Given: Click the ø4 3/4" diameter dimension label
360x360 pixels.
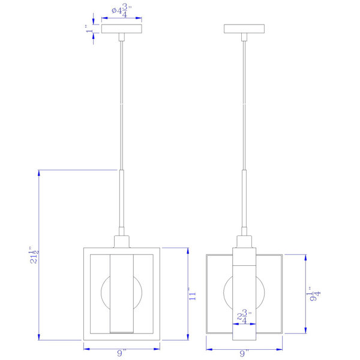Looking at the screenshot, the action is pyautogui.click(x=122, y=11).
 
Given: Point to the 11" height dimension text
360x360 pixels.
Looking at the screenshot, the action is pyautogui.click(x=193, y=294).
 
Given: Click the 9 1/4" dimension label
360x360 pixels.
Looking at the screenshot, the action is pyautogui.click(x=313, y=294).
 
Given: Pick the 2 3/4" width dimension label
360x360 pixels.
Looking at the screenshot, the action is pyautogui.click(x=244, y=316).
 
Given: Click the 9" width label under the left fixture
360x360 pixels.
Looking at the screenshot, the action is pyautogui.click(x=122, y=353).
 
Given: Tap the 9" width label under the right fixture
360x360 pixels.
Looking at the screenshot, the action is pyautogui.click(x=244, y=353).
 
